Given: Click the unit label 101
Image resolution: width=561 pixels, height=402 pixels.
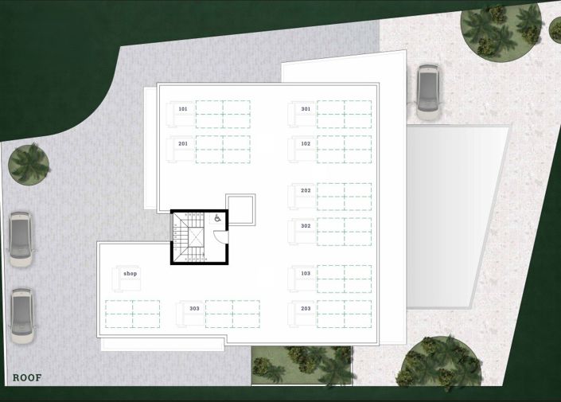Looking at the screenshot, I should click(x=183, y=109).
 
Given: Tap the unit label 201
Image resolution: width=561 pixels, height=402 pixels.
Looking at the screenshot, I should click(x=183, y=144).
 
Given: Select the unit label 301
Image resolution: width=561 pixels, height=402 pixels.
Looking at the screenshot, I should click(x=306, y=109).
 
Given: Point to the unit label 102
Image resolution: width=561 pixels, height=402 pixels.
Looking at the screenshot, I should click(x=306, y=144).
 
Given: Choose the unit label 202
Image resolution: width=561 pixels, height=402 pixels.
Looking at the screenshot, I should click(x=306, y=191).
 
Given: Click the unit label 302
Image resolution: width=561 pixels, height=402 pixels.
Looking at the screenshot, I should click(x=306, y=226).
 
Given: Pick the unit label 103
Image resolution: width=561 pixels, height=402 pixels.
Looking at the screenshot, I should click(x=306, y=273).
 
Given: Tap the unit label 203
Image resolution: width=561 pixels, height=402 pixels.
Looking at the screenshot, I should click(x=306, y=308).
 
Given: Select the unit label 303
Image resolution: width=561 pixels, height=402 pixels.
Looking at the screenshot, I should click(x=194, y=308).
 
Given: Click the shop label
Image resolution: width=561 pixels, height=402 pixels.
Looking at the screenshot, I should click(x=131, y=274).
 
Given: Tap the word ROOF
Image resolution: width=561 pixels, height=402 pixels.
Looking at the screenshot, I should click(x=27, y=378).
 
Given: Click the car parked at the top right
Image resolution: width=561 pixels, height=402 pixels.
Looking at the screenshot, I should click(x=428, y=92).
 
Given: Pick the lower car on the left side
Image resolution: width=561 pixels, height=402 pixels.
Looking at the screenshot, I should click(x=21, y=315).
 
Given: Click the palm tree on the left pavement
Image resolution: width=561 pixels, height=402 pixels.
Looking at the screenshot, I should click(x=29, y=164).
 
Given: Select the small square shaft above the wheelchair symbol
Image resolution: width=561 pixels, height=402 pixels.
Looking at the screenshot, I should click(x=240, y=209).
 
